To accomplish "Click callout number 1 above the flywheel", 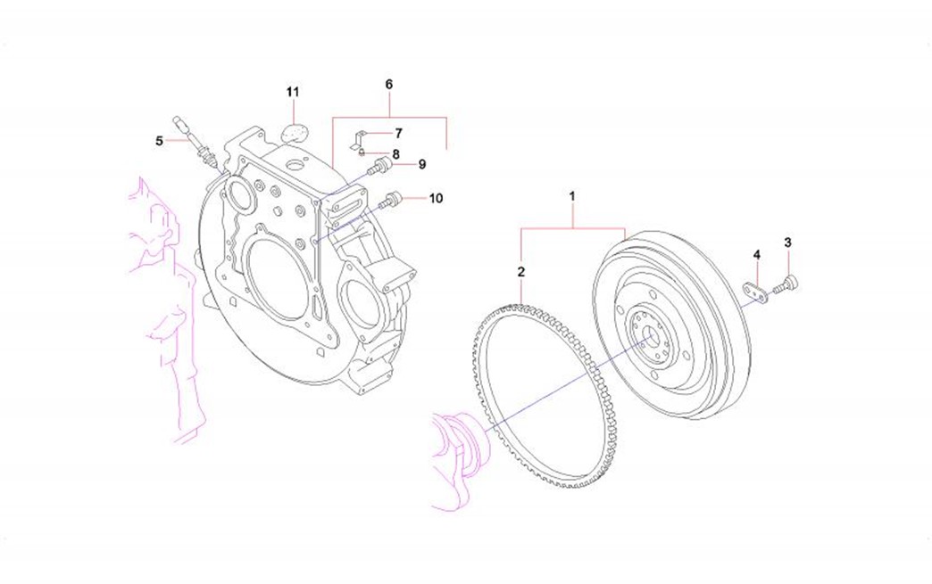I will pyautogui.click(x=573, y=194).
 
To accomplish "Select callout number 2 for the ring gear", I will pyautogui.click(x=520, y=270).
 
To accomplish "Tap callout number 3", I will pyautogui.click(x=787, y=243).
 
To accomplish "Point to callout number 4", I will pyautogui.click(x=756, y=256).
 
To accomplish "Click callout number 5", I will pyautogui.click(x=160, y=140).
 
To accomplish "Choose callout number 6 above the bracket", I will pyautogui.click(x=389, y=84).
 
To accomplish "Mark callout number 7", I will pyautogui.click(x=398, y=133).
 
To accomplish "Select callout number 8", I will pyautogui.click(x=395, y=152).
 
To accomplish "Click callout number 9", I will pyautogui.click(x=421, y=164).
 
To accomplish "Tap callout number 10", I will pyautogui.click(x=435, y=198).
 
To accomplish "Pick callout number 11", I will pyautogui.click(x=293, y=92).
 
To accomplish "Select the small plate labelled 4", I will pyautogui.click(x=753, y=292).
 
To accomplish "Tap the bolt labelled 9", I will pyautogui.click(x=381, y=165).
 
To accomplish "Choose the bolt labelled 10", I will pyautogui.click(x=391, y=201).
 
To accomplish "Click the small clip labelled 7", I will pyautogui.click(x=354, y=136).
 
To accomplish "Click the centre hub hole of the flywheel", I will pyautogui.click(x=650, y=337).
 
